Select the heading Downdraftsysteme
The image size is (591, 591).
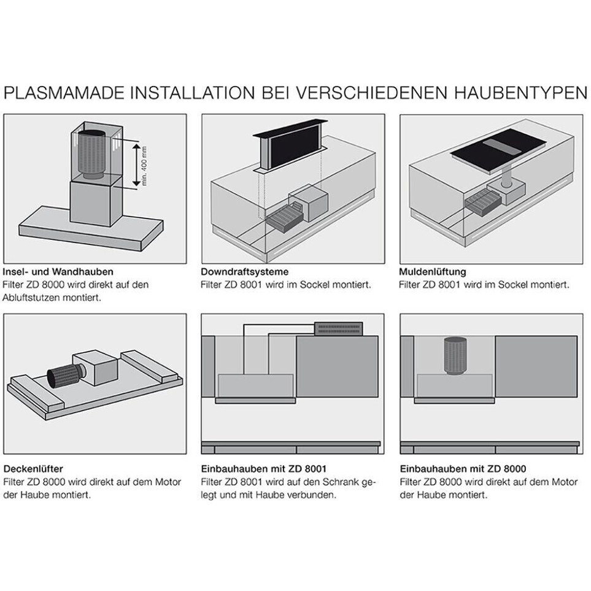point(245,271)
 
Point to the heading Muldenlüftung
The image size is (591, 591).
point(433,271)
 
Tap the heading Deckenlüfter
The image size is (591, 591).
point(33,469)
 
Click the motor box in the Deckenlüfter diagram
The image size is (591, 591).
point(95,368)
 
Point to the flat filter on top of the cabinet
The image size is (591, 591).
point(340,328)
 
